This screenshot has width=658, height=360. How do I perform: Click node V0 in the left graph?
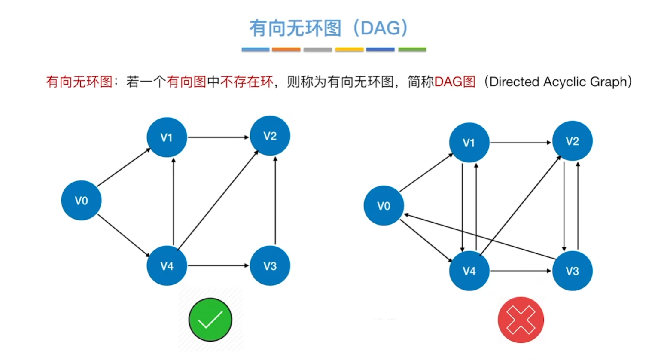(81, 201)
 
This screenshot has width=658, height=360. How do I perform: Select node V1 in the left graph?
(167, 137)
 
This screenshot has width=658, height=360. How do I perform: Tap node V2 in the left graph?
(270, 136)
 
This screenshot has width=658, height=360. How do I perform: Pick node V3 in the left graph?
(270, 266)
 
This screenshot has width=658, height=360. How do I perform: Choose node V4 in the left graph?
(167, 266)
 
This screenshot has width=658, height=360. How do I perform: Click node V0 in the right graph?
(384, 206)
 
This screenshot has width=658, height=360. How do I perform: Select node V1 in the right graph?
(469, 143)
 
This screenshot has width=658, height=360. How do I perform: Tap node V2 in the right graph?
(572, 141)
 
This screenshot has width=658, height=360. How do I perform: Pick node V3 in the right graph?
(572, 271)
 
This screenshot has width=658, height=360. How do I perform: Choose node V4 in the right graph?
(469, 271)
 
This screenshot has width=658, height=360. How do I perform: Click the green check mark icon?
(210, 320)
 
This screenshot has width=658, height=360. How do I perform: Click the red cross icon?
(521, 320)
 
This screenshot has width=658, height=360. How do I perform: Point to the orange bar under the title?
(286, 50)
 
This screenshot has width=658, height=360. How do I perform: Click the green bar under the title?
(412, 50)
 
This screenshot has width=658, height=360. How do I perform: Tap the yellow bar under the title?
(349, 50)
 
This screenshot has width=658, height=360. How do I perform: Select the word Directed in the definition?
(514, 82)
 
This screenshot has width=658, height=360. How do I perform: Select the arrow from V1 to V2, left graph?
(218, 137)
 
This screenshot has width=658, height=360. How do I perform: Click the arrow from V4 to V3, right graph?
(521, 271)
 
